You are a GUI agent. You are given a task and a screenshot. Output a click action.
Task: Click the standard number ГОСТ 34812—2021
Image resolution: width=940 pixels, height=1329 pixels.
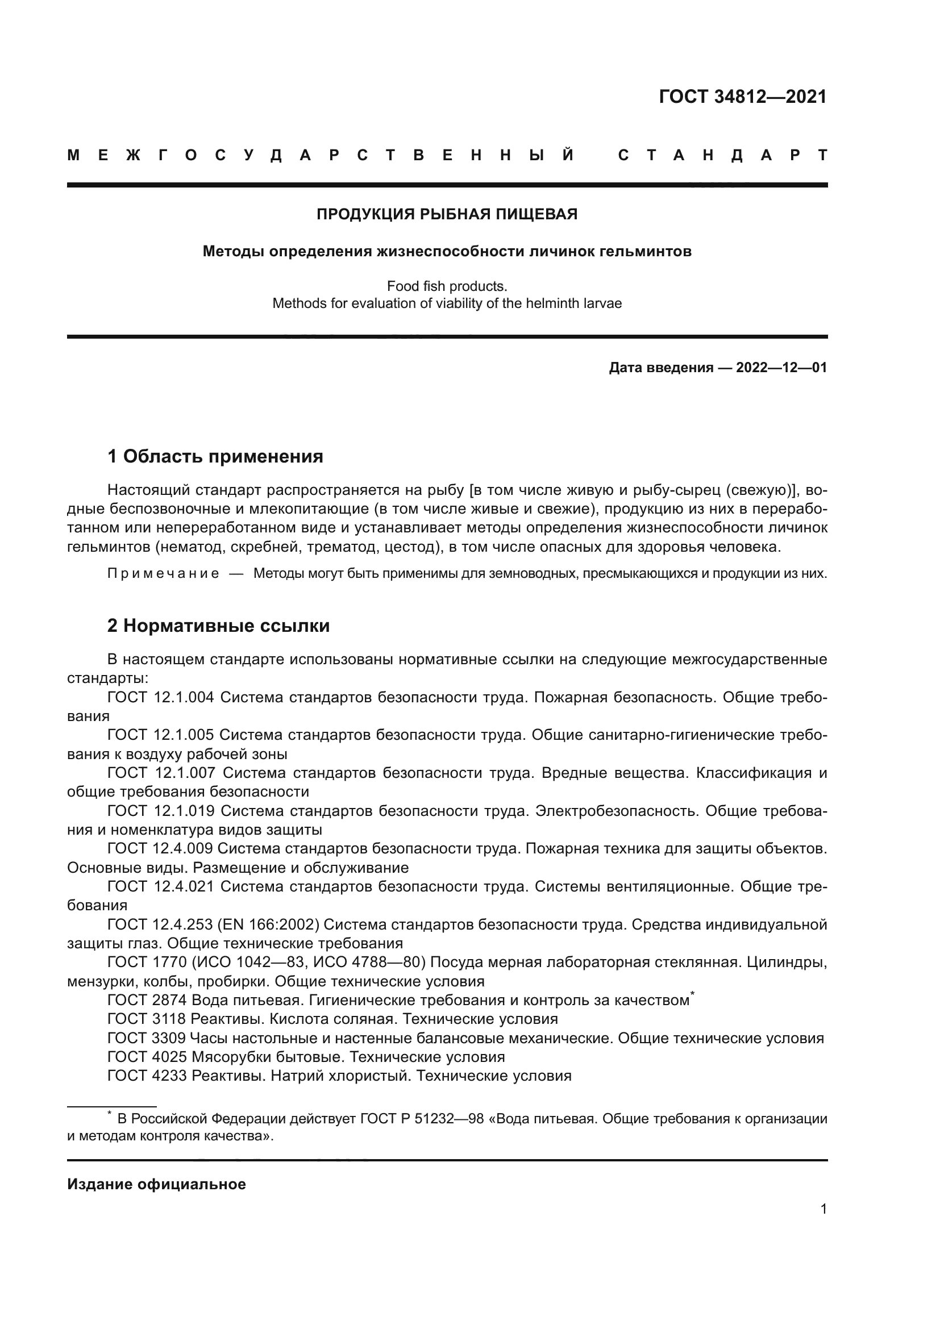click(743, 97)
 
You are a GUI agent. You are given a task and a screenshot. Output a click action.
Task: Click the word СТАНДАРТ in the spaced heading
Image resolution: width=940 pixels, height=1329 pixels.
click(723, 156)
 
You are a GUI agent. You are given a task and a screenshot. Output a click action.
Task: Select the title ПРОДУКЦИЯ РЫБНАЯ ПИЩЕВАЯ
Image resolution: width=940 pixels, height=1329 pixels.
click(447, 215)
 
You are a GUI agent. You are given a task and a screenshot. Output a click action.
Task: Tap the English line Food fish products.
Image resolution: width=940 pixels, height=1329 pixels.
click(447, 286)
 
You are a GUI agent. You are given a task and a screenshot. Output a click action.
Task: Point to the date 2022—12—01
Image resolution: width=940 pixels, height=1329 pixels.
click(781, 368)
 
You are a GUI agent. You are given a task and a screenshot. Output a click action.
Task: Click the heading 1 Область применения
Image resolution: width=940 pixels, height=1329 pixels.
click(215, 457)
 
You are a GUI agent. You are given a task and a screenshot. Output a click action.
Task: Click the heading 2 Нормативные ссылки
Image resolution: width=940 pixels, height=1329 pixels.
click(219, 626)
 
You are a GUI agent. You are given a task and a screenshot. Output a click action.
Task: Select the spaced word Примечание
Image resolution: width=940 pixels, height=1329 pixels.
click(163, 574)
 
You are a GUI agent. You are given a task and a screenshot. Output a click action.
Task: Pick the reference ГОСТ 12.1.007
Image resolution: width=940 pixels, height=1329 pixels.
click(161, 773)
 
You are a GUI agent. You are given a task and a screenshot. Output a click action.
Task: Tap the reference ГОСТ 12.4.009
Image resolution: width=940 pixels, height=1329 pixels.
click(160, 848)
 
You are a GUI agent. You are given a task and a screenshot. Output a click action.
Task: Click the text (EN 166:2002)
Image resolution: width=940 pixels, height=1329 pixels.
click(269, 924)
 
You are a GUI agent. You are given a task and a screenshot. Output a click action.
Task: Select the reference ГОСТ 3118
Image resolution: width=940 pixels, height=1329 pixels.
click(147, 1019)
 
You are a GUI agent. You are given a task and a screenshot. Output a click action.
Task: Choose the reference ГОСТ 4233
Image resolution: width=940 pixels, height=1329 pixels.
click(147, 1076)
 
